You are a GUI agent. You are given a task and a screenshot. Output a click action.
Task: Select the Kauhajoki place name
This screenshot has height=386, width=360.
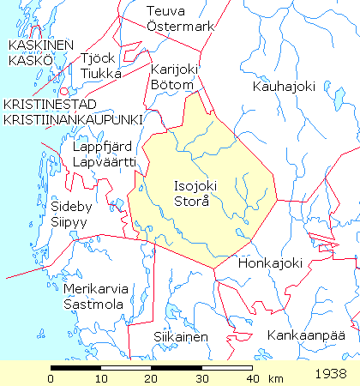pyautogui.click(x=285, y=87)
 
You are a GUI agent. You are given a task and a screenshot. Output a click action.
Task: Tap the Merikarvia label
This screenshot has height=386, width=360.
pyautogui.click(x=93, y=289)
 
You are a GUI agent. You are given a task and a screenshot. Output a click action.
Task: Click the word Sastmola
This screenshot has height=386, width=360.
pyautogui.click(x=93, y=305)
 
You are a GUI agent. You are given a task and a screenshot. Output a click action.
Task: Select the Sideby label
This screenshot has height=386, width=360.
pyautogui.click(x=69, y=207)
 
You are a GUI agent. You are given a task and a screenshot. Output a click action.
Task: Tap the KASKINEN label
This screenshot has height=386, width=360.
pyautogui.click(x=40, y=45)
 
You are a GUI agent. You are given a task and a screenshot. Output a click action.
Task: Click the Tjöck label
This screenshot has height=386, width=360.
pyautogui.click(x=96, y=58)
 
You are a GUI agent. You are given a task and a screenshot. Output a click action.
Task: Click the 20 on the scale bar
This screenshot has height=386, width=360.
pyautogui.click(x=152, y=378)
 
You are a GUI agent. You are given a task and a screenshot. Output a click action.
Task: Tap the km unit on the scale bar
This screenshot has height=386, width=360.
pyautogui.click(x=276, y=378)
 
